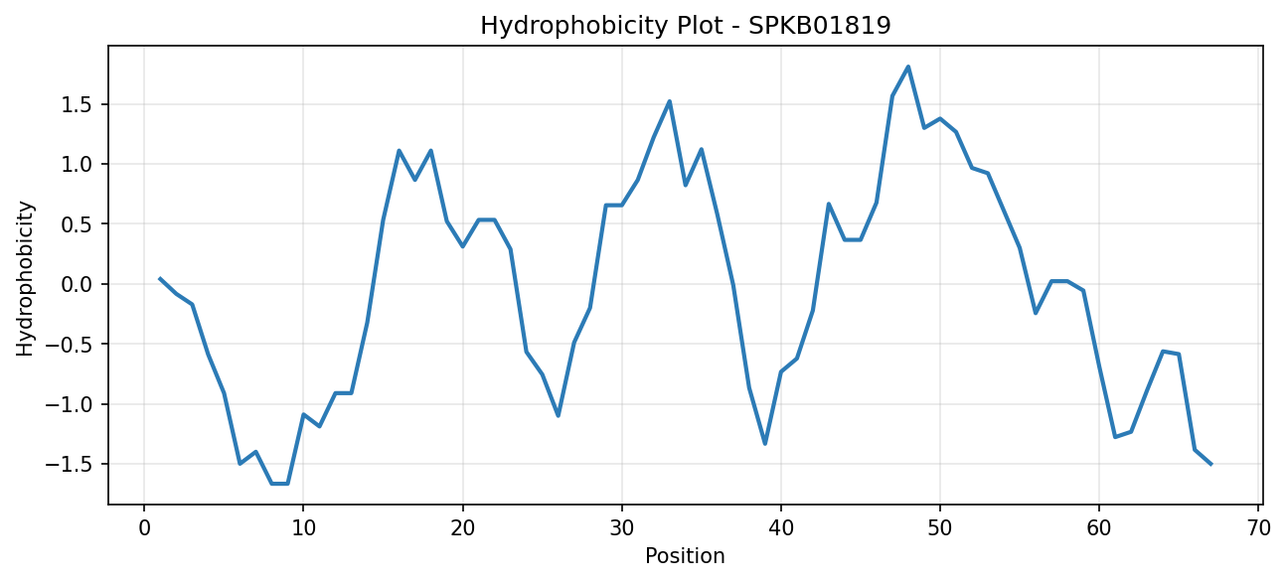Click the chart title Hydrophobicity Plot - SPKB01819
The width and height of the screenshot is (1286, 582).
(x=686, y=26)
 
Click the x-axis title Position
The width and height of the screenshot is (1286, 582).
(x=685, y=556)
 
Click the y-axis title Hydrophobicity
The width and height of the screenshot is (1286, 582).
(x=25, y=279)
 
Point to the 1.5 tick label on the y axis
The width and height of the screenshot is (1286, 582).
(x=77, y=105)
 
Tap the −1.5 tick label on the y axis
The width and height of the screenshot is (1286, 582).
(x=69, y=465)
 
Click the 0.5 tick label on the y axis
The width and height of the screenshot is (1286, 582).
(x=77, y=224)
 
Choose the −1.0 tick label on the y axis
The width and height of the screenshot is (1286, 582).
(x=69, y=404)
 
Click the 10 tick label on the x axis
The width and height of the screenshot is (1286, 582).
(x=303, y=528)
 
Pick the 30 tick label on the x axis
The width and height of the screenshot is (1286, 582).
(x=622, y=528)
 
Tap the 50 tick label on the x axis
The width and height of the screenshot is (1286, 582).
(x=940, y=528)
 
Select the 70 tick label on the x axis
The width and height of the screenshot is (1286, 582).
(x=1258, y=528)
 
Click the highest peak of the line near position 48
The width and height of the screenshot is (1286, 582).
(x=908, y=67)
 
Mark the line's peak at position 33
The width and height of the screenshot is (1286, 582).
(x=670, y=101)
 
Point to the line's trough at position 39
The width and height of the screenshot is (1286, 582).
(x=764, y=444)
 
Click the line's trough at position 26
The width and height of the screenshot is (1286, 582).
(x=559, y=415)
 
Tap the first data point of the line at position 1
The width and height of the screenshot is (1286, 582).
(x=160, y=278)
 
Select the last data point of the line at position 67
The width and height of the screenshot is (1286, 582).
(x=1210, y=465)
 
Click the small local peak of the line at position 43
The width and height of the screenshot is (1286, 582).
(x=829, y=204)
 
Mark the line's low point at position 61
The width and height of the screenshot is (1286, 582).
(x=1115, y=437)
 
